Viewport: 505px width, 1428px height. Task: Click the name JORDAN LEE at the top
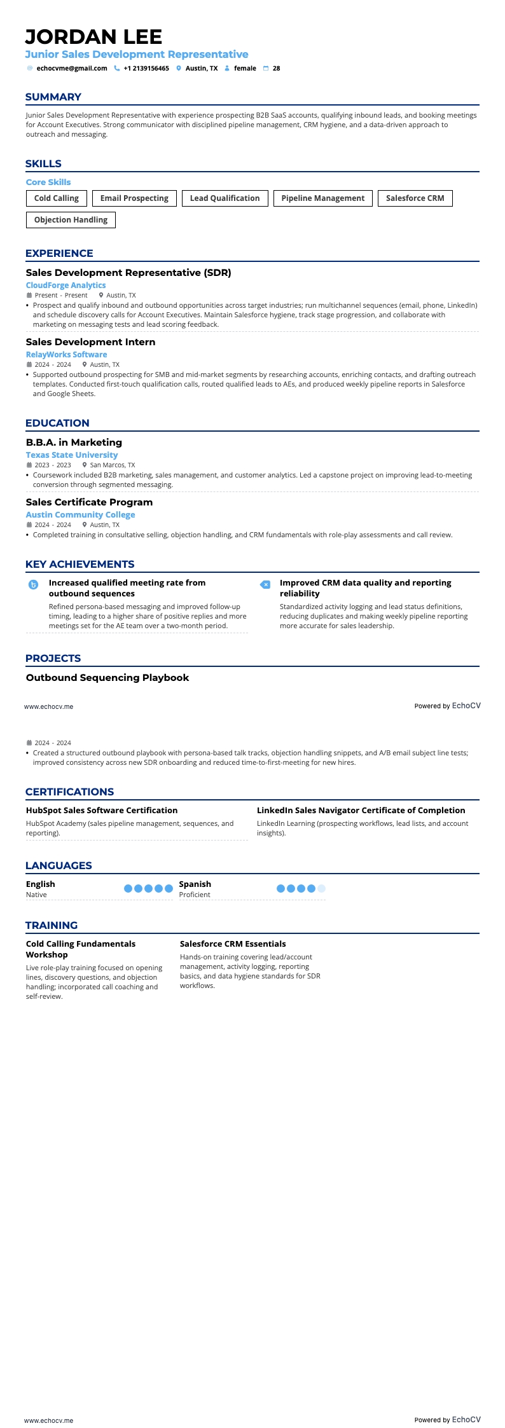point(93,37)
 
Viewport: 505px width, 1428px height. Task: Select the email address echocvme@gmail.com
point(72,68)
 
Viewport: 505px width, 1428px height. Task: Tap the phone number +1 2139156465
point(146,68)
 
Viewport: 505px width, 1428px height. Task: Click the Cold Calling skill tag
point(57,198)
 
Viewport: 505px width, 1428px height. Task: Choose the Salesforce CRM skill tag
point(415,198)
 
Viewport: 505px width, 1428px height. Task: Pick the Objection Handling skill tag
point(71,220)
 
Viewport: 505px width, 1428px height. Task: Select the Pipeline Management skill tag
point(322,198)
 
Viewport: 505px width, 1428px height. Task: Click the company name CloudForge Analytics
point(66,285)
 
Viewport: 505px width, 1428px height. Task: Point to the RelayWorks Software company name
point(66,355)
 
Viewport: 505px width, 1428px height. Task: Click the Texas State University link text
point(72,455)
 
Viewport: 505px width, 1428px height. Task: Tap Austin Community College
point(80,515)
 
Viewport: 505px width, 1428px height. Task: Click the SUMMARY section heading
point(53,97)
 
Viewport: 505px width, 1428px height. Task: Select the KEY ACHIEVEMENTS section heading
point(80,565)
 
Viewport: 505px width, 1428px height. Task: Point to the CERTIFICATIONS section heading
point(69,792)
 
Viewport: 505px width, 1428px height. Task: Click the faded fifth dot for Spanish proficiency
point(321,889)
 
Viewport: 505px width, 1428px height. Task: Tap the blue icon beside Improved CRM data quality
point(265,585)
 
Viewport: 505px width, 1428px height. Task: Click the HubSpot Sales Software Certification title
point(102,811)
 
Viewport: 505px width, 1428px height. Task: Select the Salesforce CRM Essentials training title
point(233,944)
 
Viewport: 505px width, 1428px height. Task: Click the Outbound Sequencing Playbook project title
point(107,678)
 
